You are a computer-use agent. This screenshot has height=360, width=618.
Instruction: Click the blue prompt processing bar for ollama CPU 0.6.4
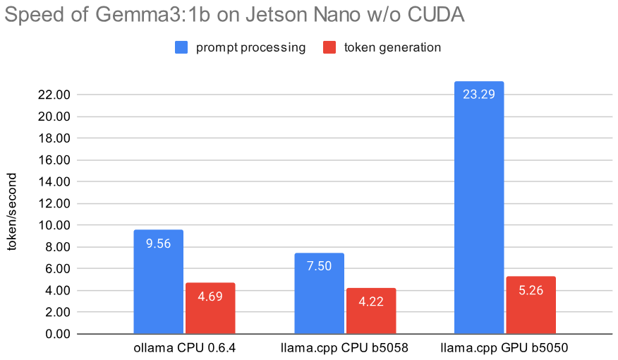[x=158, y=282]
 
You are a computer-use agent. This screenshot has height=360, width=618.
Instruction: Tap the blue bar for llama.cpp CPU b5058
[x=319, y=293]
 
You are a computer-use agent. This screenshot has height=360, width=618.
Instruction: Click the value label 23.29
[x=479, y=93]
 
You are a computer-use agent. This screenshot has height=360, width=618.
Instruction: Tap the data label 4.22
[x=370, y=300]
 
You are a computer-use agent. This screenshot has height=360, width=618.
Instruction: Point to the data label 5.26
[x=531, y=289]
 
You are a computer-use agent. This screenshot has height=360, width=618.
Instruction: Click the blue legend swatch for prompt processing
[x=181, y=48]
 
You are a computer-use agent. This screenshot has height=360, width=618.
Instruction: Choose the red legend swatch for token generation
[x=329, y=48]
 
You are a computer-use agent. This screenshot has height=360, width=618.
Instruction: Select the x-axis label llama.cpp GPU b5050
[x=504, y=347]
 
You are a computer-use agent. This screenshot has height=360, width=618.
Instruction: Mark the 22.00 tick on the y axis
[x=54, y=95]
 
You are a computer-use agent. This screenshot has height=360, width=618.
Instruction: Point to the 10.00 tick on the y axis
[x=54, y=225]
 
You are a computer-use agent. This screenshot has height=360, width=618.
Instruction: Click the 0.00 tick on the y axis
[x=56, y=334]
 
